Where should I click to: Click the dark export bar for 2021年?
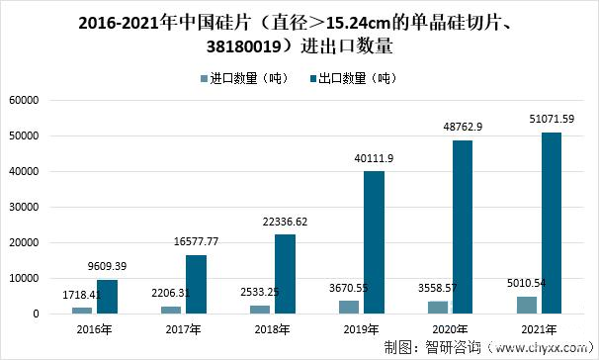pyautogui.click(x=552, y=224)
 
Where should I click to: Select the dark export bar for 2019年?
pyautogui.click(x=374, y=242)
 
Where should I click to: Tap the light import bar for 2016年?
pyautogui.click(x=82, y=311)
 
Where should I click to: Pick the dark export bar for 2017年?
pyautogui.click(x=196, y=285)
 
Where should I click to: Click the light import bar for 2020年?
pyautogui.click(x=437, y=308)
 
